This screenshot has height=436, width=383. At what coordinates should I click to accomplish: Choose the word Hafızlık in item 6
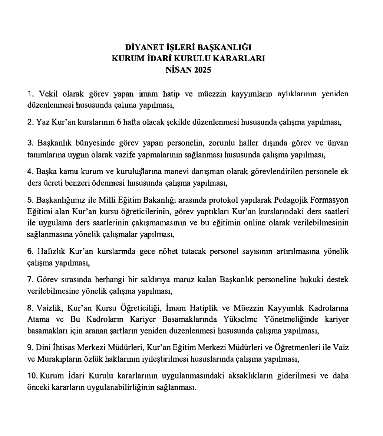[x=51, y=251]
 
